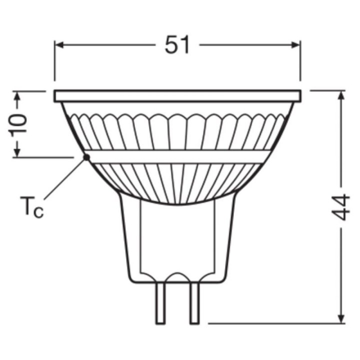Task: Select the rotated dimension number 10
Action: (x=18, y=123)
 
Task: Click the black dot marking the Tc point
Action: (x=86, y=157)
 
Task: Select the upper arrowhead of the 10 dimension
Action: (x=18, y=95)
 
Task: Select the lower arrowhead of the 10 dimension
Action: (x=18, y=152)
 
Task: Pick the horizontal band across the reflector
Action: (x=177, y=156)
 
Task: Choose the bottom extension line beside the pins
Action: (x=275, y=323)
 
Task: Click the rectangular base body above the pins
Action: (x=177, y=240)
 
